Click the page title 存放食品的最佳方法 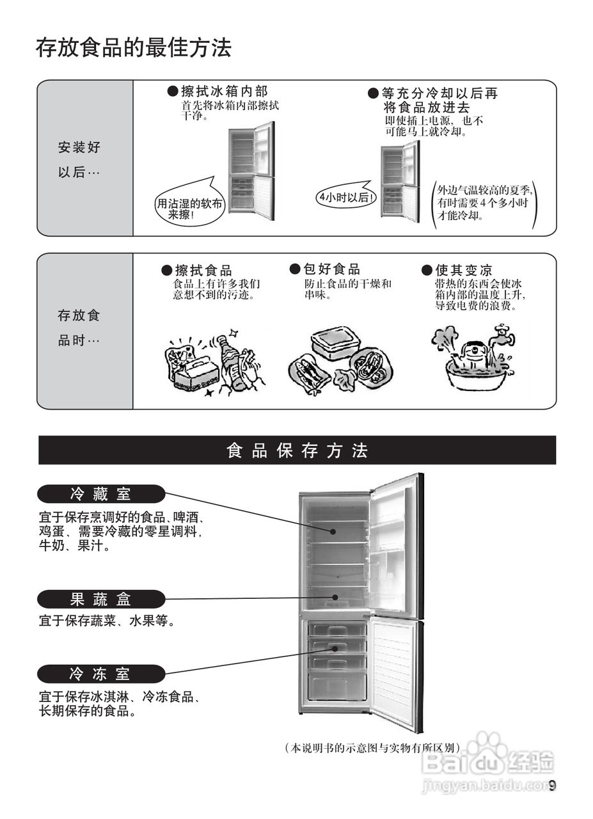(133, 49)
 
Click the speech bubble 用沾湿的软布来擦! (190, 209)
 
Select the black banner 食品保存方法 (297, 450)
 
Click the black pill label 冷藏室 (101, 494)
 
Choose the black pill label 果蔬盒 (101, 600)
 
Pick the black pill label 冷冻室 (101, 674)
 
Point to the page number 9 (553, 786)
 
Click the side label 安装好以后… (79, 160)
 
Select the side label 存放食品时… (79, 328)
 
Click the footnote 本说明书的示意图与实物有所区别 (372, 747)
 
